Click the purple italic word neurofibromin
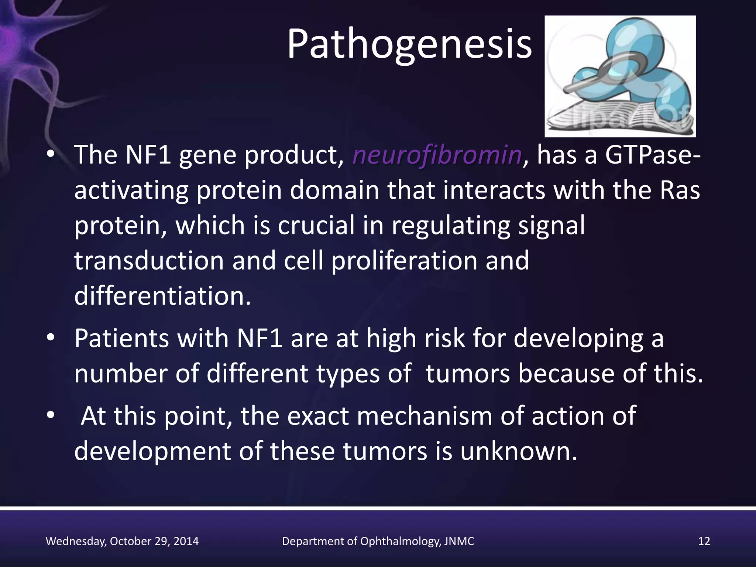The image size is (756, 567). tap(437, 155)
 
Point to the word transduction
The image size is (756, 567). tap(149, 261)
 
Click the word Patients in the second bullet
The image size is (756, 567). tap(121, 338)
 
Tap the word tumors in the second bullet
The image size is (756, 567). tap(468, 374)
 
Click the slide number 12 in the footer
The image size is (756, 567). tap(704, 541)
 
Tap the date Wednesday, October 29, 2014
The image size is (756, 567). tap(122, 541)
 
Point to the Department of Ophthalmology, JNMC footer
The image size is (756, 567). tap(378, 541)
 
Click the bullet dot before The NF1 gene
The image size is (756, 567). tap(51, 155)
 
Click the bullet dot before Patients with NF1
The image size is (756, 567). tap(51, 338)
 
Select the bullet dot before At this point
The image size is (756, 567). tap(51, 415)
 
